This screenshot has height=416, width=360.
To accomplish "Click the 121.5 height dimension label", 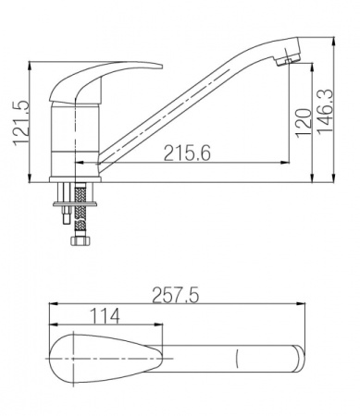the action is (21, 123).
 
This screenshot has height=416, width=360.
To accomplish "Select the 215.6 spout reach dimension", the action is (187, 153).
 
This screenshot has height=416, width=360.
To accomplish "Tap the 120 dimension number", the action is (303, 123).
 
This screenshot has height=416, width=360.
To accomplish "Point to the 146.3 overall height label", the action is (325, 111).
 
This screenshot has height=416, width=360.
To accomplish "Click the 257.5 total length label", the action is (176, 295).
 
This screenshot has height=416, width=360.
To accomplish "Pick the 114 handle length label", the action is (105, 316).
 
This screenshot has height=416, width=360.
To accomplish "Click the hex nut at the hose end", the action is (80, 240).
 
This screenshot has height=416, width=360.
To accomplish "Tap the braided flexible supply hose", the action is (80, 210).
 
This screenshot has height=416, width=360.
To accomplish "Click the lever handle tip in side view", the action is (159, 67).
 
